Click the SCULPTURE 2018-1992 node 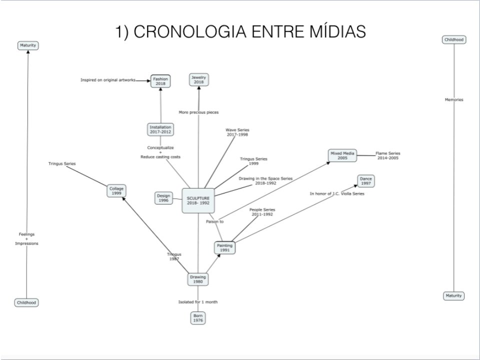point(198,200)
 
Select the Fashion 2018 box point(160,81)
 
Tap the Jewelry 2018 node point(198,79)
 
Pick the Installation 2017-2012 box point(160,129)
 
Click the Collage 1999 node point(116,190)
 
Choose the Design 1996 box point(163,198)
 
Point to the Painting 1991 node point(224,247)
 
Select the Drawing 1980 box point(197,279)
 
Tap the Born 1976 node point(198,318)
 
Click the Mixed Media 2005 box point(342,155)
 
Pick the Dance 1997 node point(366,181)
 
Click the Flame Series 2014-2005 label point(387,155)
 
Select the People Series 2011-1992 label point(262,212)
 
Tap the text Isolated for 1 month point(198,302)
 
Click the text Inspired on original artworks point(108,80)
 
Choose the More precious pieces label point(198,112)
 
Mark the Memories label point(454,99)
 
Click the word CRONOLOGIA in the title point(185,32)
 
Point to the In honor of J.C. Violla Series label point(337,193)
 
